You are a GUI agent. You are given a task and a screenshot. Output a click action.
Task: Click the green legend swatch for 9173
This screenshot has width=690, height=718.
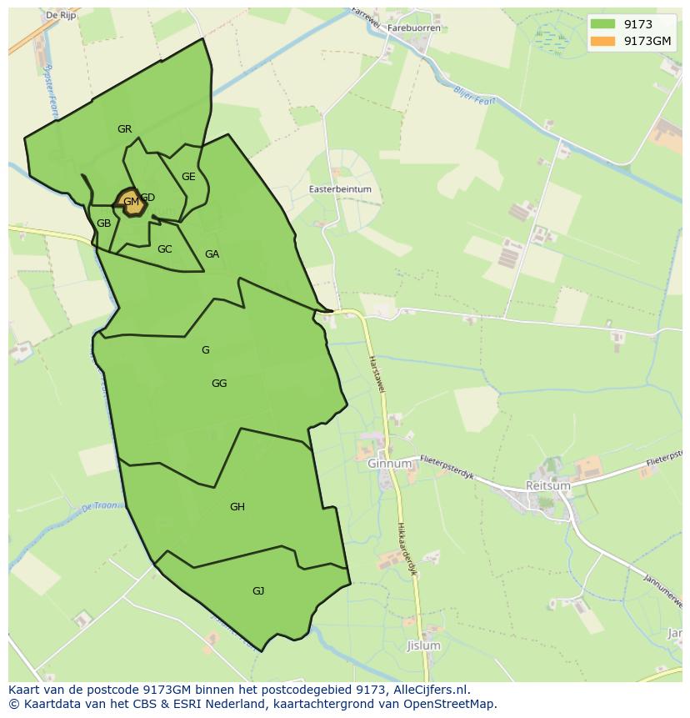point(602,24)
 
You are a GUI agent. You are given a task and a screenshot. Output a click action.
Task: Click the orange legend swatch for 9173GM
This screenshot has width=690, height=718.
point(602,41)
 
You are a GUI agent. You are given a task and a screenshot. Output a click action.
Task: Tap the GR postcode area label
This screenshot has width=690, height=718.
point(125,129)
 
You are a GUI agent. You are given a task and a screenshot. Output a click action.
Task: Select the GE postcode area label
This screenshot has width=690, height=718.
point(188,177)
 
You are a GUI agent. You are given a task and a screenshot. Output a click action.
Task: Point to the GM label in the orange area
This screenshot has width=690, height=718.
point(131,202)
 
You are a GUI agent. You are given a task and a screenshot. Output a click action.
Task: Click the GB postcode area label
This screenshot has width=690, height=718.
point(103,223)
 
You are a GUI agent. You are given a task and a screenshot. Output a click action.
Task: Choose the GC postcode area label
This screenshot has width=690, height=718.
point(165,249)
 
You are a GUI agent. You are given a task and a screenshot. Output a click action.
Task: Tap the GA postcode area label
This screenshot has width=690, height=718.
point(212,254)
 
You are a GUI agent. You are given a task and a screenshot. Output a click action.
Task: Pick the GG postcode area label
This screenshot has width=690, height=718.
point(219,384)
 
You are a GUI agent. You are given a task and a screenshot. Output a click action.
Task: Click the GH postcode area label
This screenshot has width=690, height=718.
point(237,507)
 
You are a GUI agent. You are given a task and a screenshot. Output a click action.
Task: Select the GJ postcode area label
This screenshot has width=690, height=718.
point(258,591)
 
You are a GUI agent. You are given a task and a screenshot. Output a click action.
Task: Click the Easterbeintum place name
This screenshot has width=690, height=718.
point(340,190)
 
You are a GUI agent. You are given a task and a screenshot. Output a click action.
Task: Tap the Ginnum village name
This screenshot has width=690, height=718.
point(390,464)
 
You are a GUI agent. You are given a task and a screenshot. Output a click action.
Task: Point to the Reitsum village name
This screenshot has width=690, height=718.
point(548,485)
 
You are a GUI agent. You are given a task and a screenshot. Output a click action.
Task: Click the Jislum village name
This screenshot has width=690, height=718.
point(423,646)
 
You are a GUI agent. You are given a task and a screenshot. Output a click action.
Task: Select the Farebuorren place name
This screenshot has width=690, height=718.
point(413,28)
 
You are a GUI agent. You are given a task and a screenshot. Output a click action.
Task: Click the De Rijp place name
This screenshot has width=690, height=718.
point(62,15)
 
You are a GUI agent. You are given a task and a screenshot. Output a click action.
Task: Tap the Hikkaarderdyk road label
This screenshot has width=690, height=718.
point(406,550)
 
